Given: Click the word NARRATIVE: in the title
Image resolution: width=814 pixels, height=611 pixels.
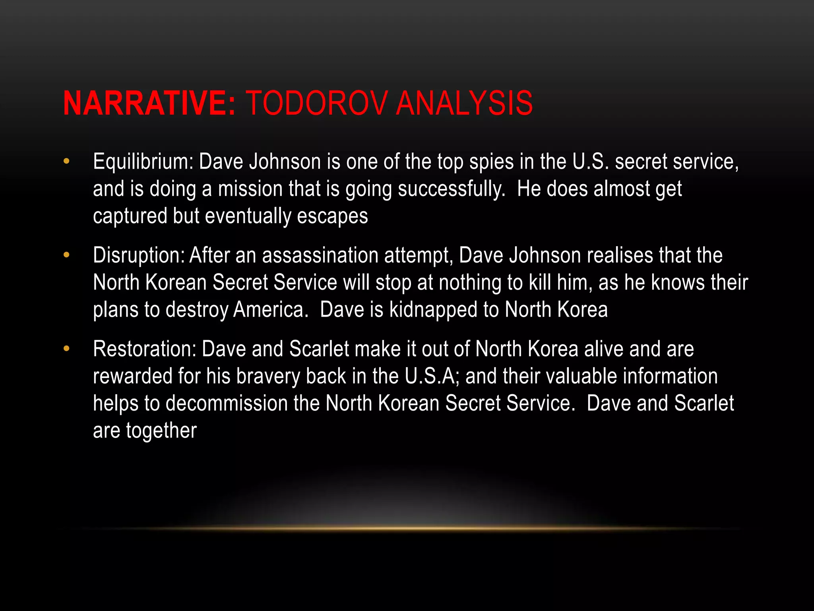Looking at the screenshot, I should tap(149, 103).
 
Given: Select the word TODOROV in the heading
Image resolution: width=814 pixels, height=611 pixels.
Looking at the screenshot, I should tap(316, 103).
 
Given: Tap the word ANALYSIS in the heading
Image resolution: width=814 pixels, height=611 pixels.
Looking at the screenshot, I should tap(464, 103).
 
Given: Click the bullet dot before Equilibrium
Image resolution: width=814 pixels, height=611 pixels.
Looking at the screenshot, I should tap(66, 162).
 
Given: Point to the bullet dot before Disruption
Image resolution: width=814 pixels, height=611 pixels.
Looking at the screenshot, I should tap(66, 255).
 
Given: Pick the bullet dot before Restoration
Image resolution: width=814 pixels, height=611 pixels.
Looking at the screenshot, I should tap(66, 349).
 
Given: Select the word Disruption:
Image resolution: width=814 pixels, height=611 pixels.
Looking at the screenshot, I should tap(139, 255).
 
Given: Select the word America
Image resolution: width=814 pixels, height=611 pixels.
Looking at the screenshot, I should tap(270, 309).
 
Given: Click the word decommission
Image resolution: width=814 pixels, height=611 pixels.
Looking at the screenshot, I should tap(227, 403).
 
